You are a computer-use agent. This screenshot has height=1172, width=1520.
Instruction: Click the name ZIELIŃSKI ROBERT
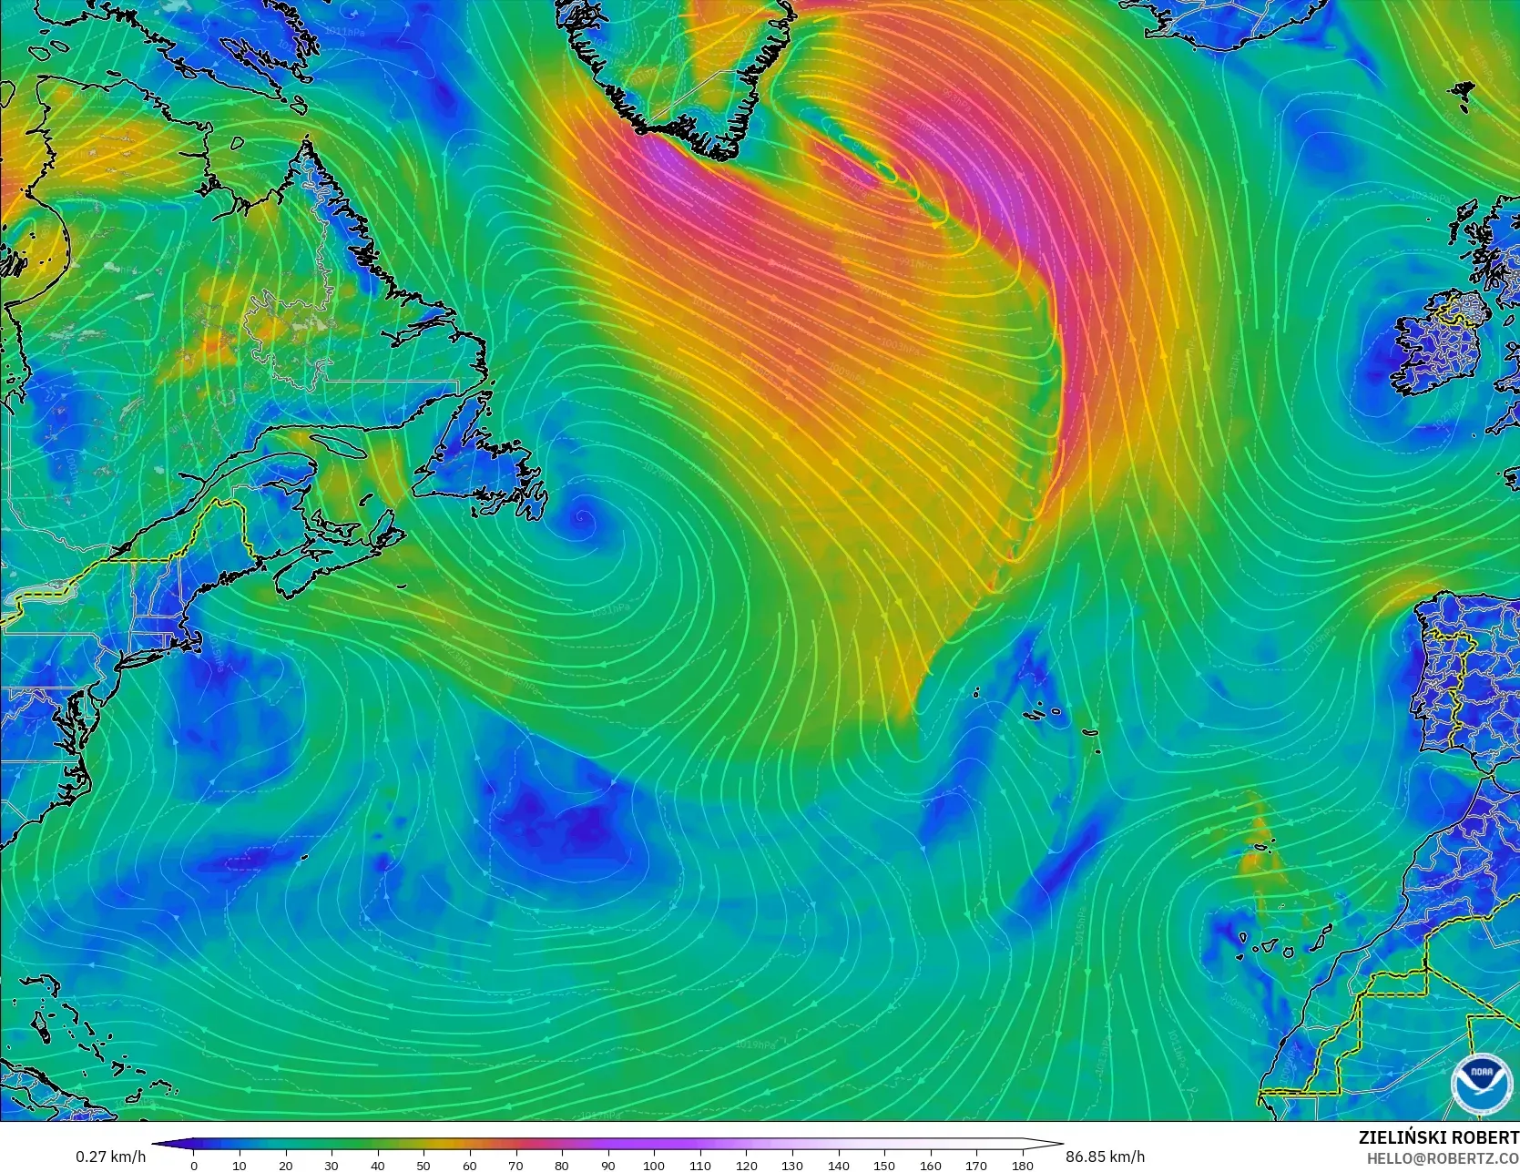1438,1137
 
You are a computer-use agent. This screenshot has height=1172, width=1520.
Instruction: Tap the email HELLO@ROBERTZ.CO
1448,1157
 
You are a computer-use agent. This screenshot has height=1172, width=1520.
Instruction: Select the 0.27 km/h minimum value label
110,1157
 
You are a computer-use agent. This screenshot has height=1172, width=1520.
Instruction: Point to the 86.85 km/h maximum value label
1105,1157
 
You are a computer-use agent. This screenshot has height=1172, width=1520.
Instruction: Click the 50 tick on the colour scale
423,1165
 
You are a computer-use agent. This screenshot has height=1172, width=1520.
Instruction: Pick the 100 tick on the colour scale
654,1165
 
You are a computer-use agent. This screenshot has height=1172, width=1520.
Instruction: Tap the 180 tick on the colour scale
1022,1165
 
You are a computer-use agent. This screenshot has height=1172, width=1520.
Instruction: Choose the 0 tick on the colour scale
194,1165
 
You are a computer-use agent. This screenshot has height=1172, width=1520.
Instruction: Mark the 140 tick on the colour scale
838,1165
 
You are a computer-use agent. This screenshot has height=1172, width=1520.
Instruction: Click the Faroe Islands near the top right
1464,93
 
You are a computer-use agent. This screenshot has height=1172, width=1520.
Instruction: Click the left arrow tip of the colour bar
153,1145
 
